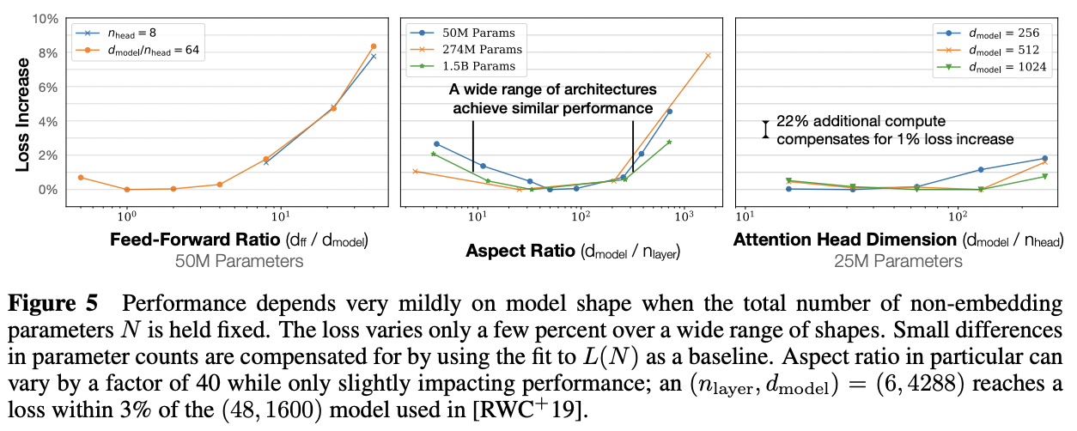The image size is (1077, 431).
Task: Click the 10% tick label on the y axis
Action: pos(42,19)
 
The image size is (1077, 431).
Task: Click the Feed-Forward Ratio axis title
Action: pos(240,241)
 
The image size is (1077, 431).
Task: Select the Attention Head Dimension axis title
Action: pos(898,241)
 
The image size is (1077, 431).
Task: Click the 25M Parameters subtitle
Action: pos(898,261)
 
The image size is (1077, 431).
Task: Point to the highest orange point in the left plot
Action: pos(374,46)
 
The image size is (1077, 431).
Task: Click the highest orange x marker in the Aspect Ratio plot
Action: pos(708,56)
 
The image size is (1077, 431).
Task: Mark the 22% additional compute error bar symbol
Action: pos(764,129)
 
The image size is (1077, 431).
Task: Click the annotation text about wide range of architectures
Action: pos(552,99)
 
